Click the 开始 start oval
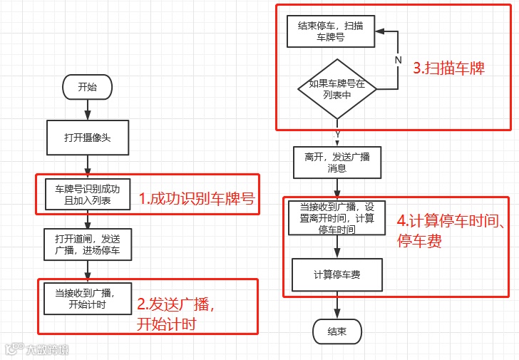[x=88, y=87]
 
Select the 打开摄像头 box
[x=88, y=138]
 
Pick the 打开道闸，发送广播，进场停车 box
[x=88, y=245]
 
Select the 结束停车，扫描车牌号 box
[x=330, y=31]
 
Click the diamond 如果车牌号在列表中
[x=336, y=89]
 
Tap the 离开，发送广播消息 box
[x=336, y=163]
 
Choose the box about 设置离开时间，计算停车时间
[x=336, y=217]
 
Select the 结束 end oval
[x=336, y=331]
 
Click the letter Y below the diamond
[x=337, y=134]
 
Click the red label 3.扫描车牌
[x=449, y=69]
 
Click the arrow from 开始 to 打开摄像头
[x=88, y=109]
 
